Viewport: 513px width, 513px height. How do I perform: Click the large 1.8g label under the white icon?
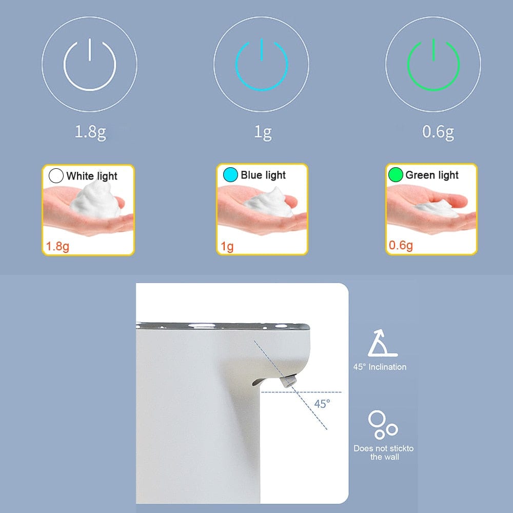90,132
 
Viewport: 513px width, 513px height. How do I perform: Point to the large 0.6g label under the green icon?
438,132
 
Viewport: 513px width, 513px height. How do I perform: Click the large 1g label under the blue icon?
263,132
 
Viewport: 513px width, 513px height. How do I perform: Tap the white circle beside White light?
56,175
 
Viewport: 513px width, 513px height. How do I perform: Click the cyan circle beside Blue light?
230,175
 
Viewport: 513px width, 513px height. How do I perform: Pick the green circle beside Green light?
396,175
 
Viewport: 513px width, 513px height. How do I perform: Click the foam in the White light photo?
95,200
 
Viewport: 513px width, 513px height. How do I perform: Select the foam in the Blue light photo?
270,204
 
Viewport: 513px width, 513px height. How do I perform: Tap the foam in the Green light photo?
437,208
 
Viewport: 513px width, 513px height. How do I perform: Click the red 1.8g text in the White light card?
57,246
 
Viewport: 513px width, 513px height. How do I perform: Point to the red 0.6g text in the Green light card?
401,245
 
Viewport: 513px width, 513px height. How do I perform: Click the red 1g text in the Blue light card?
227,246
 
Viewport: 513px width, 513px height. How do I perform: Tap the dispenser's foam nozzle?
288,381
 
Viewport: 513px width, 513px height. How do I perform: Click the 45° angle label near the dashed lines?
322,404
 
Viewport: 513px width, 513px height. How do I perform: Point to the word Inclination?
387,367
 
